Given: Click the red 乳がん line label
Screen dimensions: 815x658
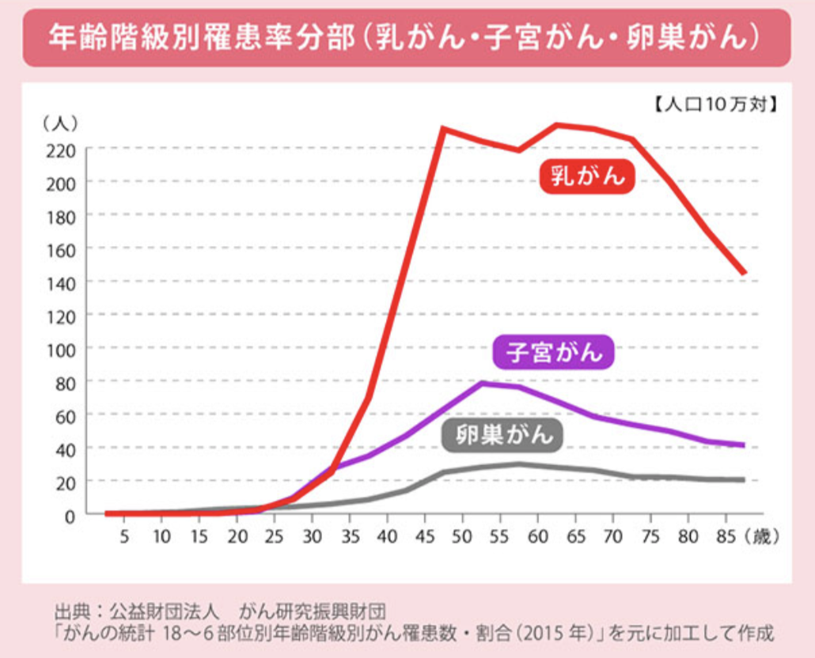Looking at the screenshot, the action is coord(587,176).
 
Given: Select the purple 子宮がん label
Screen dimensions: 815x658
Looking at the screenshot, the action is coord(554,352).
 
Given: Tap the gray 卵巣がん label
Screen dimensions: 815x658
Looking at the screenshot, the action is coord(502,435).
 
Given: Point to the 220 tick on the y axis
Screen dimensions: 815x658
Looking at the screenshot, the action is coord(61,151).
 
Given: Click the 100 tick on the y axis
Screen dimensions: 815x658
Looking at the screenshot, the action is coord(61,350).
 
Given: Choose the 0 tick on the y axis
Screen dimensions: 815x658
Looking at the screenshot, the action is coord(70,516).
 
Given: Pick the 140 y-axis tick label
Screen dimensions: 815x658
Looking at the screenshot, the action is coord(61,284).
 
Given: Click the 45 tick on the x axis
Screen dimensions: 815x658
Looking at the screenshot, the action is coord(425,536).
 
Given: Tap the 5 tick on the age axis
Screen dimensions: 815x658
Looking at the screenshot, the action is coord(124,536).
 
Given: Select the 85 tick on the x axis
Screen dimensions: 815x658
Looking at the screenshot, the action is coord(726,536).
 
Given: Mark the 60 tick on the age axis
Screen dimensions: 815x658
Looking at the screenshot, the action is coord(537,536).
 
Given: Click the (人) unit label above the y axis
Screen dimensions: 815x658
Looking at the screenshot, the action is coord(60,123).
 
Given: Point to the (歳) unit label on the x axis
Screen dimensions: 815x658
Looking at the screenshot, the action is coord(762,536).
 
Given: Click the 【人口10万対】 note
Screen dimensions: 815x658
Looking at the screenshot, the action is coord(715,104).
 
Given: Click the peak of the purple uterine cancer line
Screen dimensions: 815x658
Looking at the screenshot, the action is coord(483,384).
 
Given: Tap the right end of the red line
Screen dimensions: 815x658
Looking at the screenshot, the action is coord(745,272).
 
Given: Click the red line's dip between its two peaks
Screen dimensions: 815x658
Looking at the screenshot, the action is coord(518,150).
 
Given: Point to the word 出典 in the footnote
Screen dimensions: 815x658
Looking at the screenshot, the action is coord(71,612).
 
